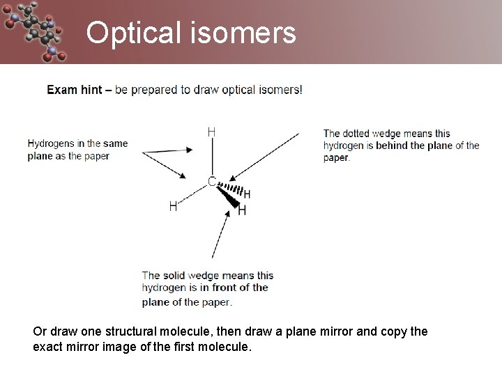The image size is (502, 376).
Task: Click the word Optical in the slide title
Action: click(x=132, y=33)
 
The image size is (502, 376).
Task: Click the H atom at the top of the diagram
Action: click(x=211, y=132)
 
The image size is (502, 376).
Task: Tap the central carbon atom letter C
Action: click(x=211, y=182)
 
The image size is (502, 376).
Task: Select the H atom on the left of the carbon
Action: click(x=174, y=205)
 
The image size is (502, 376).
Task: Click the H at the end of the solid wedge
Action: click(x=242, y=210)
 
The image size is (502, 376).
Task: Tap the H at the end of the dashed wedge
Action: click(x=247, y=195)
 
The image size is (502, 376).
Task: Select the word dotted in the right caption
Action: click(x=356, y=134)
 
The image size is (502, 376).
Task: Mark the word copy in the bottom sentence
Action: click(x=395, y=331)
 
